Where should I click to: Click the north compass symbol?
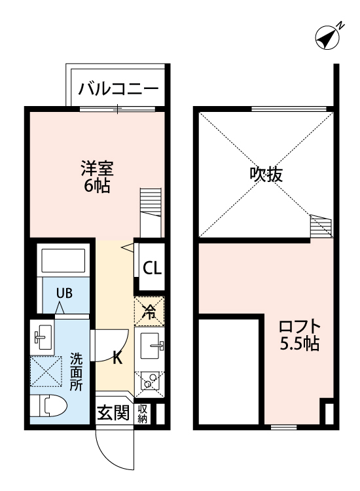[327, 37]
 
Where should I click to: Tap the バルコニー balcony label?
[118, 89]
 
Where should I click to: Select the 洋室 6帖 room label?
[97, 176]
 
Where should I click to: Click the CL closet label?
[152, 268]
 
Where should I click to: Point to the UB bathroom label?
[64, 293]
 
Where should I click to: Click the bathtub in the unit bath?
[63, 261]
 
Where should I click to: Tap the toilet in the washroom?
[49, 407]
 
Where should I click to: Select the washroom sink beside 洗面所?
[43, 337]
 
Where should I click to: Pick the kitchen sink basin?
[152, 346]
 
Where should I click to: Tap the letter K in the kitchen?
[117, 357]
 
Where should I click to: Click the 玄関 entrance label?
[113, 412]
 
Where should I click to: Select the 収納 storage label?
[143, 413]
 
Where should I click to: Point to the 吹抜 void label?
[266, 174]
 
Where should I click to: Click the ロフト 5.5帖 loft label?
[300, 335]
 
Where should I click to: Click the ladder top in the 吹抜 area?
[321, 225]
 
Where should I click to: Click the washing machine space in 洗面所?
[46, 373]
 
